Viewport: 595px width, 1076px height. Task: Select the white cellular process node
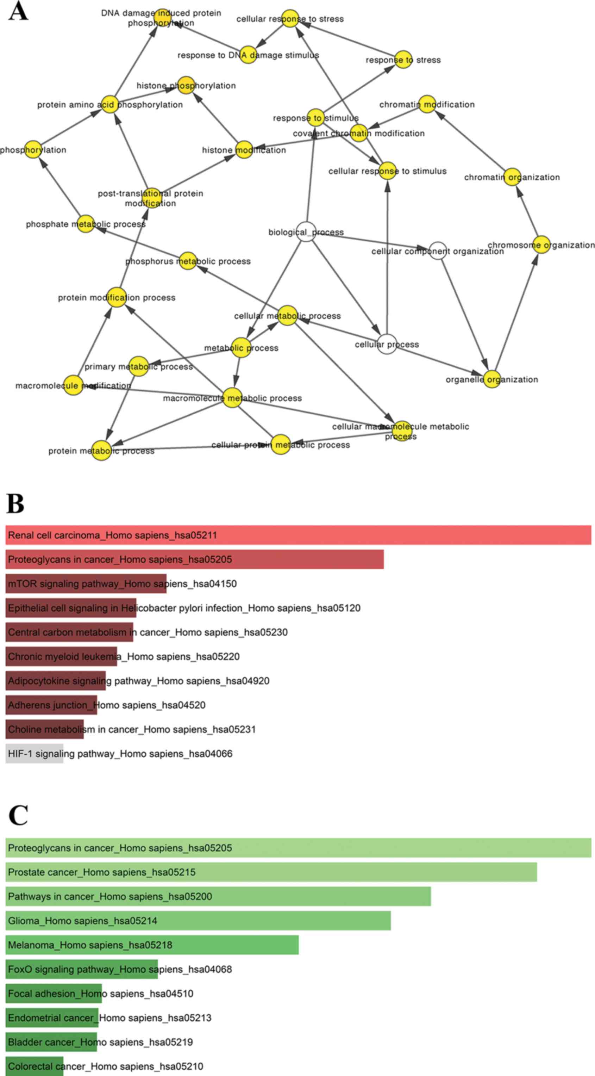click(x=387, y=344)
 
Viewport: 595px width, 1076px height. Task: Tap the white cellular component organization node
click(x=438, y=250)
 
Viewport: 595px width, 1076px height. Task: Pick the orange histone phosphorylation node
click(x=186, y=85)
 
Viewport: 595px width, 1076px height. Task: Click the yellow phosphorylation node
click(x=33, y=149)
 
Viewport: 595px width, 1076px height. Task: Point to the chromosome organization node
click(x=541, y=245)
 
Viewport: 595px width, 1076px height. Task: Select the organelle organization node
click(x=492, y=379)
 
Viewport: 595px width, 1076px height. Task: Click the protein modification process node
click(x=117, y=297)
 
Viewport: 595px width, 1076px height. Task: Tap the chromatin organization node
click(x=512, y=177)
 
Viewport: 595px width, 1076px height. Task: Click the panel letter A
click(x=18, y=11)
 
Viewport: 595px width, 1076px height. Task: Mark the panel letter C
click(x=18, y=815)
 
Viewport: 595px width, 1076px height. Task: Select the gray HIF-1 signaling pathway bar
click(x=34, y=754)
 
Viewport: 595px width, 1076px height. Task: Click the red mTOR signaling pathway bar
click(x=86, y=583)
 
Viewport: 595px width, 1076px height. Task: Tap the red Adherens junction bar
click(x=51, y=705)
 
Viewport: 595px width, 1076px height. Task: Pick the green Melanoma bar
click(x=152, y=945)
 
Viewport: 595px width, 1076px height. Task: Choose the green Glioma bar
click(x=198, y=921)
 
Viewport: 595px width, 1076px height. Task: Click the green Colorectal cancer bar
click(x=34, y=1066)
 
